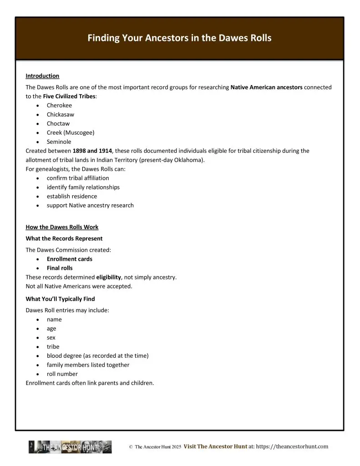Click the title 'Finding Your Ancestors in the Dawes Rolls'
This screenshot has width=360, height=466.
coord(179,38)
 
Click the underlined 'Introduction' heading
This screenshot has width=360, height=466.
coord(42,76)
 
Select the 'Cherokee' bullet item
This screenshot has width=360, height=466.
coord(59,106)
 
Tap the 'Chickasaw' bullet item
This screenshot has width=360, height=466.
coord(60,115)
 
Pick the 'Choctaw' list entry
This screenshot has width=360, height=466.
coord(58,124)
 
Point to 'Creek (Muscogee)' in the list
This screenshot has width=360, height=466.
coord(71,133)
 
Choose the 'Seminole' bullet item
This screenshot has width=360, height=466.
coord(59,142)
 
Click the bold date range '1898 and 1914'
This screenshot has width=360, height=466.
coord(92,151)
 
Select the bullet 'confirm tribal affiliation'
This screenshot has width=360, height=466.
coord(78,178)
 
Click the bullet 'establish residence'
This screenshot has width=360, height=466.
coord(71,197)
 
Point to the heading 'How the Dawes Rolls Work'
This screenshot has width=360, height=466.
coord(62,227)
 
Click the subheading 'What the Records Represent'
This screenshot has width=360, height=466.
coord(64,238)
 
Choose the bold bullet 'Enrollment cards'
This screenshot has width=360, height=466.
coord(69,259)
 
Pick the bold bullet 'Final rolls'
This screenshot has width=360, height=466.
coord(60,268)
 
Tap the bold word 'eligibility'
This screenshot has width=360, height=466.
coord(108,277)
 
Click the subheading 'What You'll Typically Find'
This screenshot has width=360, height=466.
coord(61,299)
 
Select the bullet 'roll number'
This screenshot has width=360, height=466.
coord(62,374)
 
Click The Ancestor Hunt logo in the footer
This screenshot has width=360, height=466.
coord(70,447)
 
